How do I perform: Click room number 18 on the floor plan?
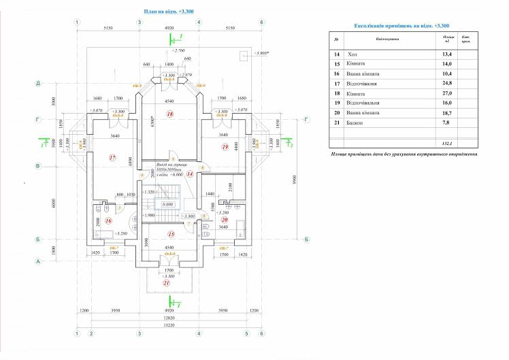tap(170, 114)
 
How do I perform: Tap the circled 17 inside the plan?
tap(113, 157)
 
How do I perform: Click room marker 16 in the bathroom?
tap(108, 220)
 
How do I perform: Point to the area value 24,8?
tap(447, 82)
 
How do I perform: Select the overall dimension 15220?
tap(169, 325)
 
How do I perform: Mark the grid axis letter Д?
tap(39, 82)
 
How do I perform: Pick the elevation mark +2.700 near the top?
tap(180, 50)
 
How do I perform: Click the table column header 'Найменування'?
tap(385, 39)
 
